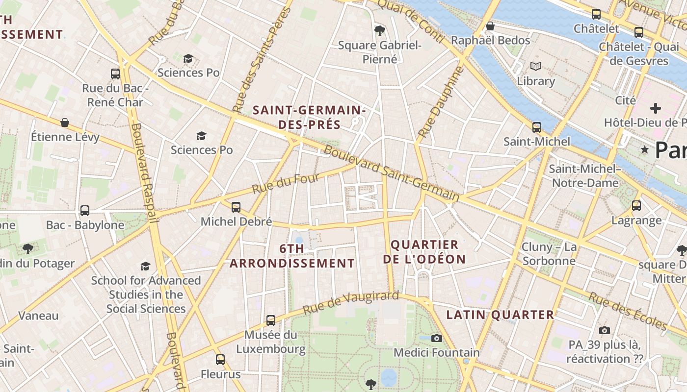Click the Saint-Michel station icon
[537, 127]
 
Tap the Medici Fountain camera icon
[437, 338]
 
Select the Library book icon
[535, 66]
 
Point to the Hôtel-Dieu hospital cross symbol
[656, 108]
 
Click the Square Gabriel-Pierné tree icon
[379, 31]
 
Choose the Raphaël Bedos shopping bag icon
[490, 26]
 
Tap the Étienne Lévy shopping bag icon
[65, 122]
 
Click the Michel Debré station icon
[236, 207]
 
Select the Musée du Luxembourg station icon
[271, 320]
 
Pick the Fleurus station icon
[220, 360]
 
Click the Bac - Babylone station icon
[85, 211]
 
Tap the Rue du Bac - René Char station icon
[115, 74]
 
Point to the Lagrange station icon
[636, 206]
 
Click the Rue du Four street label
[286, 183]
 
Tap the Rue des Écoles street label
[628, 311]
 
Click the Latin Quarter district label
[500, 315]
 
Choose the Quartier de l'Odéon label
[424, 251]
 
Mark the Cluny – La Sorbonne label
[549, 254]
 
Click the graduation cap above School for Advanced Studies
[146, 266]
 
